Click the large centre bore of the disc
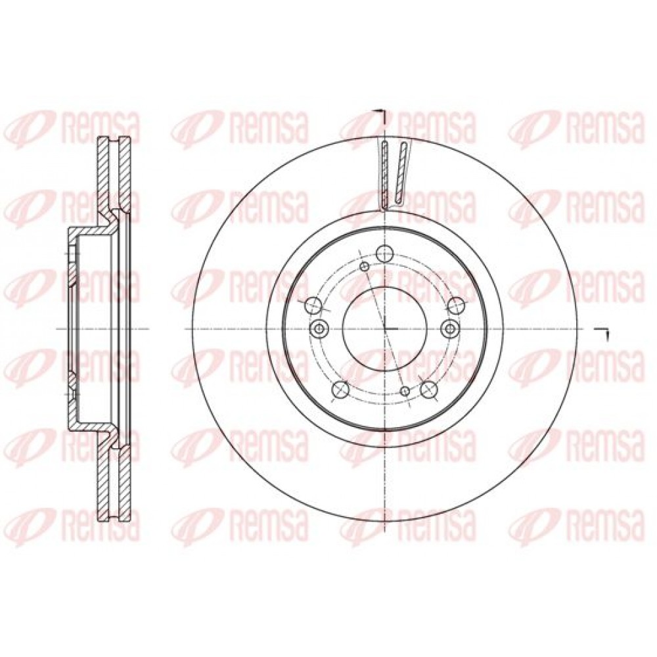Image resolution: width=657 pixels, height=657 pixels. [x=384, y=328]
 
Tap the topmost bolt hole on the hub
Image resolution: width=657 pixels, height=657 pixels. [x=384, y=253]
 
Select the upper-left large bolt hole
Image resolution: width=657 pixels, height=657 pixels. [x=313, y=305]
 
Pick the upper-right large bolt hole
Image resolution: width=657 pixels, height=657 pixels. [x=456, y=305]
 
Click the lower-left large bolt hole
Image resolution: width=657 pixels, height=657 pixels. [x=340, y=388]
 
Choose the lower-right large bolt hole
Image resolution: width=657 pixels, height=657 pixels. [x=428, y=388]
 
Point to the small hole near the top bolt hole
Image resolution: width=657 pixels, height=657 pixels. [x=365, y=266]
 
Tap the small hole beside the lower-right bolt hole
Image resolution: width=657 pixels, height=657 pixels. [x=405, y=390]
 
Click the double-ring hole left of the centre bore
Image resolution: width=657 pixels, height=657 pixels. [x=319, y=328]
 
